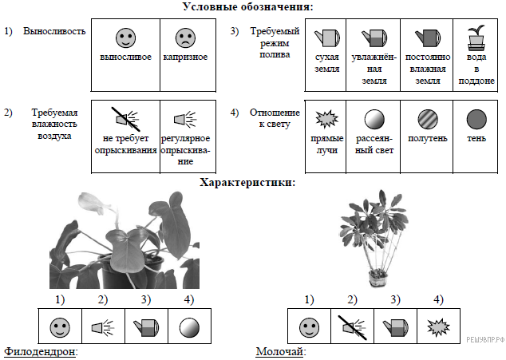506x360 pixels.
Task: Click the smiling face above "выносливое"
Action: tap(125, 38)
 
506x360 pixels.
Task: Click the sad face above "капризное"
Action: tap(184, 38)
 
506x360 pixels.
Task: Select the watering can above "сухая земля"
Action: tap(327, 38)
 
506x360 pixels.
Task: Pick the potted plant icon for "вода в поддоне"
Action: tap(476, 37)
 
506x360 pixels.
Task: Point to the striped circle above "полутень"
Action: tap(427, 120)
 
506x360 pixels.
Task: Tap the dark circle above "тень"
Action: tap(476, 120)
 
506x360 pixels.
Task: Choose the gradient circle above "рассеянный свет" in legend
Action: tap(374, 120)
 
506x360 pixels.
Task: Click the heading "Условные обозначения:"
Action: tap(247, 7)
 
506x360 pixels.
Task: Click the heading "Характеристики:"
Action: tap(247, 182)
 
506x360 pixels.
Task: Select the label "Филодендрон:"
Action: tap(45, 352)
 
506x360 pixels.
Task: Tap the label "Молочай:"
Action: tap(281, 352)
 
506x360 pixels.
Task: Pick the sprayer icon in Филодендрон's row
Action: tap(103, 326)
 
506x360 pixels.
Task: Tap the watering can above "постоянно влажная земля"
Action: tap(427, 38)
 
